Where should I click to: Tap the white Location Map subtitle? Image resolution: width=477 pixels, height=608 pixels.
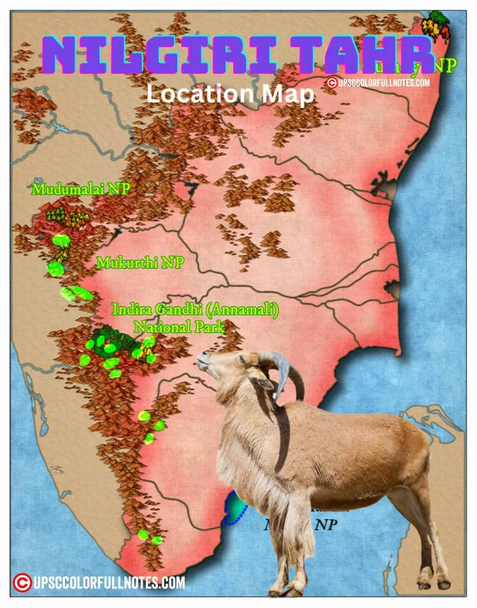230,94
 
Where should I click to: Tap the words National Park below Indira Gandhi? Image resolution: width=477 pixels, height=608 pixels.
179,327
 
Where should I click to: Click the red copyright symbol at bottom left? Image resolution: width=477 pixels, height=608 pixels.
22,582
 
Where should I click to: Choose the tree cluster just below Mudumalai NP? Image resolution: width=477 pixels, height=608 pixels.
68,217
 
